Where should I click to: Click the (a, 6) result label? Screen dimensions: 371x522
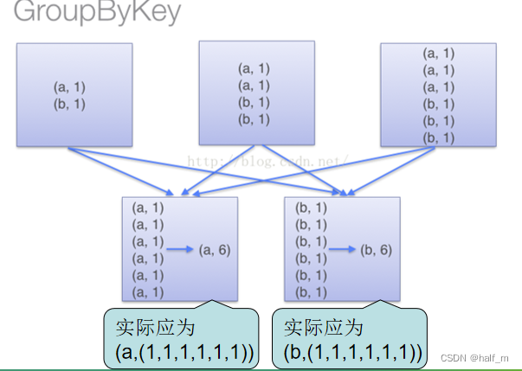point(214,250)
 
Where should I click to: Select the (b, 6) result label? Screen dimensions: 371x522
point(376,250)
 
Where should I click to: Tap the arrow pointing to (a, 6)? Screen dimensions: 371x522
point(180,250)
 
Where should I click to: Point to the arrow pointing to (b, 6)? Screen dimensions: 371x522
point(342,250)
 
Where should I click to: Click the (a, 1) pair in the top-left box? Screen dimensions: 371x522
point(70,87)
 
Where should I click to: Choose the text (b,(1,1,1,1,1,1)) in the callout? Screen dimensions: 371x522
point(353,352)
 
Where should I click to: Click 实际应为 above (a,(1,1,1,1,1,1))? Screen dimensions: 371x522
point(156,329)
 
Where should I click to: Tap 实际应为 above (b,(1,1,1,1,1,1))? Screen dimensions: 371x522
point(325,329)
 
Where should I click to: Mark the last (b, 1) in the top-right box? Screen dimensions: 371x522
point(438,138)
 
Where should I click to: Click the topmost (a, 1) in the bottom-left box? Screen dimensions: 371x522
point(147,208)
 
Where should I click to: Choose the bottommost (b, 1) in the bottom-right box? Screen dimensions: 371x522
point(311,292)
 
